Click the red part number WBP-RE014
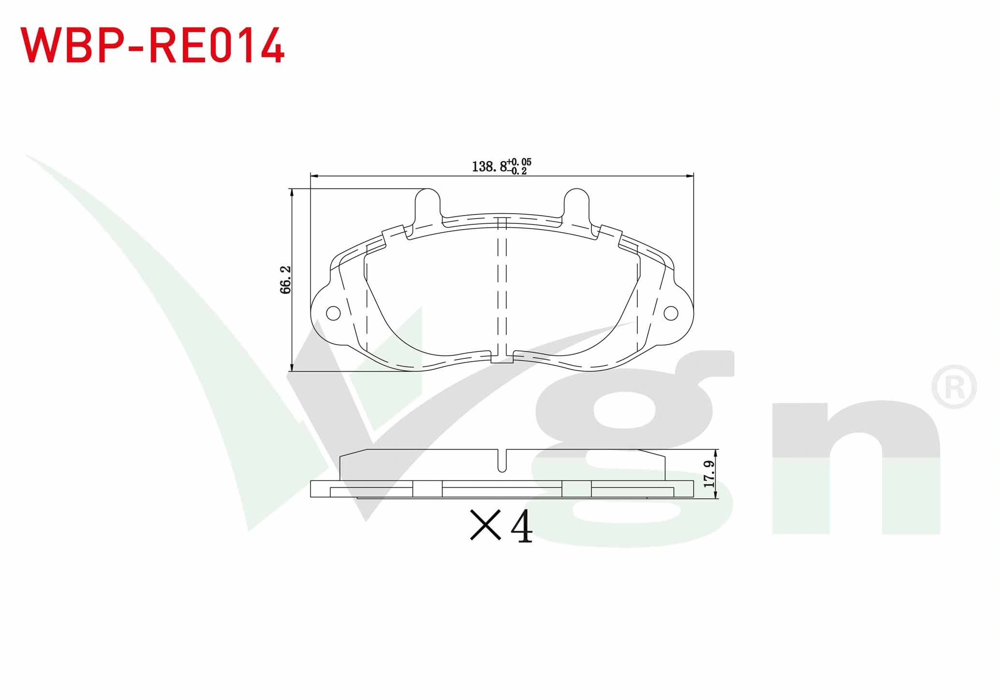tap(152, 45)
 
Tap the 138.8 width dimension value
tap(489, 167)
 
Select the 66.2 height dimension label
tap(285, 279)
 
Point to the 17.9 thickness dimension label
tap(709, 474)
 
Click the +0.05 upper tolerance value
tap(519, 162)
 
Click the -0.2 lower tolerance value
tap(517, 171)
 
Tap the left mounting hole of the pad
tap(333, 313)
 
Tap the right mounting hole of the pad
tap(671, 313)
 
